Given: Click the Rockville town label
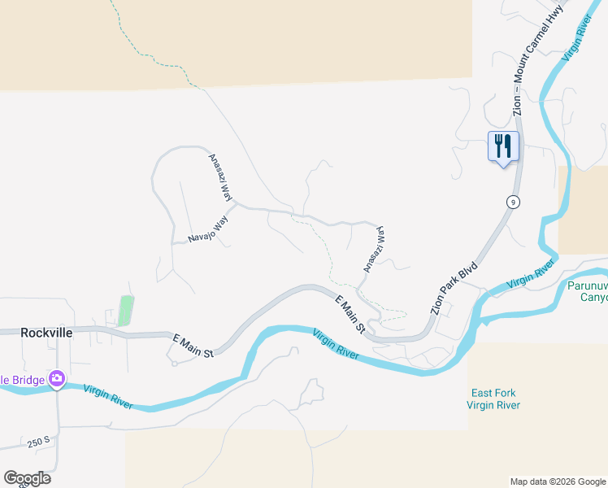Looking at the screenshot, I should coord(46,333).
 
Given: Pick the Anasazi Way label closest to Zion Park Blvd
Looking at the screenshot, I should coord(373,249).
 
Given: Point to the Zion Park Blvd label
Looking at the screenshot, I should coord(454,288).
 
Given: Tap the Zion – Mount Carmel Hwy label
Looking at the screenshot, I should coord(536,59).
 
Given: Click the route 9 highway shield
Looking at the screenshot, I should coord(512,202).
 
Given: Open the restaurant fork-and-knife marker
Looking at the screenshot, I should coord(503,147).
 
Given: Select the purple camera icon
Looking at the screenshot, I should coord(57,378).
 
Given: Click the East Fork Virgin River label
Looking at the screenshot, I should coord(493,399).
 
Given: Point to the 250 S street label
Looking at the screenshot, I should coord(39,442).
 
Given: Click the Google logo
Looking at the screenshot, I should coord(27,478).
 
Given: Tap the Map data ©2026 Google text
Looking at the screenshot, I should coord(557,481).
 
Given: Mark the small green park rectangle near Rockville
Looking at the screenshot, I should coord(125,311).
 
